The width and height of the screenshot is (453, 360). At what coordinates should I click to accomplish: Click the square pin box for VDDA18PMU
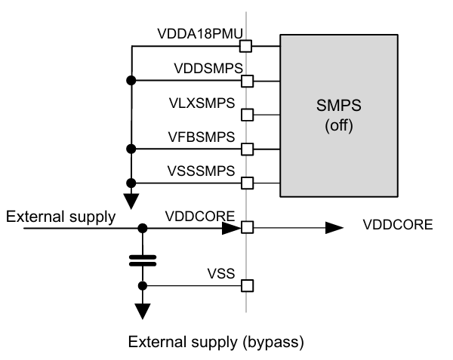point(246,46)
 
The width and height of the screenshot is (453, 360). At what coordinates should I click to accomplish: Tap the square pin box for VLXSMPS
point(246,115)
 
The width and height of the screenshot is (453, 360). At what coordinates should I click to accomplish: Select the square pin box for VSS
point(246,285)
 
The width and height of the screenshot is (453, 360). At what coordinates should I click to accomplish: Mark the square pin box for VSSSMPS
point(246,183)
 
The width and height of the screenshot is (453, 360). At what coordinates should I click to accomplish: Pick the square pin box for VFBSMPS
point(246,148)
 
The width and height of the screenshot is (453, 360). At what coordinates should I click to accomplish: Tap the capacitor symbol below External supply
point(142,260)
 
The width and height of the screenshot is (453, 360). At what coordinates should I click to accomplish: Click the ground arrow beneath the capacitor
point(142,310)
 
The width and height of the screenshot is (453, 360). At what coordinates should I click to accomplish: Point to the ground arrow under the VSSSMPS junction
point(131,200)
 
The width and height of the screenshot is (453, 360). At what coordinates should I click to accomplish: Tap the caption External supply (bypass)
point(216,343)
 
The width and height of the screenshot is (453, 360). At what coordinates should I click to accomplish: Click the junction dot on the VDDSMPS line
point(131,80)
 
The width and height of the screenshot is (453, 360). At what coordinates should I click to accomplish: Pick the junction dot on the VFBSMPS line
point(131,148)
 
